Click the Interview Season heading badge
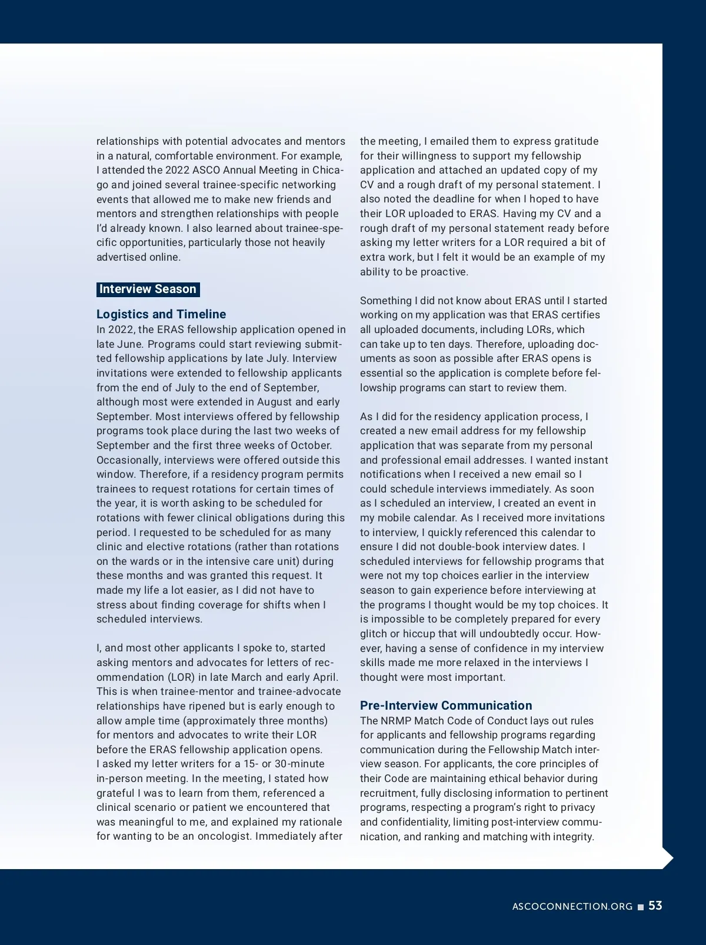tap(148, 289)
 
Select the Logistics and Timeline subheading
tap(161, 314)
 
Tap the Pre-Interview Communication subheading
tap(446, 706)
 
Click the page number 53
tap(655, 906)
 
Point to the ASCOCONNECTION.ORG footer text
tap(572, 907)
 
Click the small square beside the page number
tap(641, 907)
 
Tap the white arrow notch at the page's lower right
tap(668, 859)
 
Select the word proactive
tap(441, 272)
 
